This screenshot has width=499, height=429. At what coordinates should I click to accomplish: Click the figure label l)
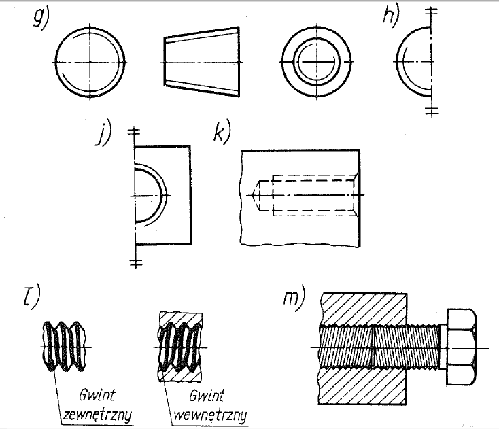click(31, 297)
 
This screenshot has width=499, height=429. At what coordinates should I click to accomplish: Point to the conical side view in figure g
click(201, 58)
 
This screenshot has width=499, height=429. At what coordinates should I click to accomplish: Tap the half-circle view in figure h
click(413, 61)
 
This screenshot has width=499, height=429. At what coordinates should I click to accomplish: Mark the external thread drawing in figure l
click(65, 345)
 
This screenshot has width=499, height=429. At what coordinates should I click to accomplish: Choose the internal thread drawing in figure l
click(180, 345)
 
